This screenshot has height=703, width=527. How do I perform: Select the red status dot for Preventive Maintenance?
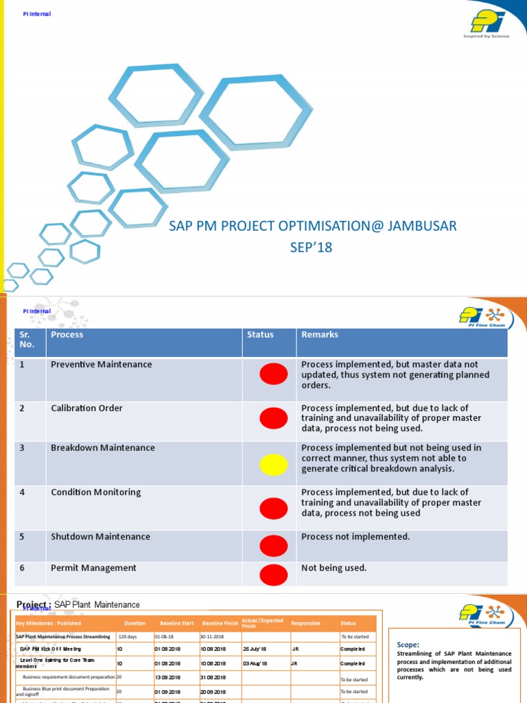[x=273, y=374]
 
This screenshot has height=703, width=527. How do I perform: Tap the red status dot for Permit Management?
[x=273, y=574]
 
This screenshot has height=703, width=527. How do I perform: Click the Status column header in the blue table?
[x=260, y=335]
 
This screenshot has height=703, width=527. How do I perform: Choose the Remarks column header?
[x=319, y=335]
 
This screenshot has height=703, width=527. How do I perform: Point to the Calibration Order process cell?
[x=86, y=408]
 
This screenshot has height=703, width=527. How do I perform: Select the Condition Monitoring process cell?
[x=95, y=492]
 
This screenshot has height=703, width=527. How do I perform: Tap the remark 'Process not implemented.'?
[x=355, y=537]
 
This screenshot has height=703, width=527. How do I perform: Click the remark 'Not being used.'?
[x=334, y=568]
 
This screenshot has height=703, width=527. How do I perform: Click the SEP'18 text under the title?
[x=311, y=248]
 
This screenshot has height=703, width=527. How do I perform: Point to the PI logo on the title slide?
[x=486, y=21]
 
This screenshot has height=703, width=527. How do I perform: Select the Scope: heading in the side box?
[x=409, y=645]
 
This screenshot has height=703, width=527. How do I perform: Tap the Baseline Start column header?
[x=176, y=623]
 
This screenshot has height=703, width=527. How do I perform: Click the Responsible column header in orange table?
[x=305, y=623]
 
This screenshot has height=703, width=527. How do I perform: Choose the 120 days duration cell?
[x=128, y=636]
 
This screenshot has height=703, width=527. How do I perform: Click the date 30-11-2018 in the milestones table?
[x=213, y=636]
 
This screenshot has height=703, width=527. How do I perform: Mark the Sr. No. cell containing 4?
[x=22, y=492]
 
